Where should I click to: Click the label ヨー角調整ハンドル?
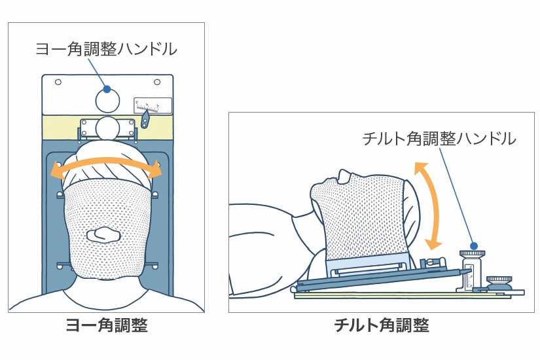pos(106,48)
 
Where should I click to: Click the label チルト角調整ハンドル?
pos(439,138)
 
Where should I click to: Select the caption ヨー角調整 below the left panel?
pos(106,325)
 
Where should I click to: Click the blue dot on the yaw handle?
pos(107,89)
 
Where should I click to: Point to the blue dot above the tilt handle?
pos(473,243)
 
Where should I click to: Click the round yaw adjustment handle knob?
pos(107,100)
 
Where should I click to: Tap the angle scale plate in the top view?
pos(153,105)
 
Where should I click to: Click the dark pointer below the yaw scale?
pos(146,120)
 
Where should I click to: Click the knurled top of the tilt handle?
pos(472,253)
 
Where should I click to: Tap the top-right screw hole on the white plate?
pos(157,82)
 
